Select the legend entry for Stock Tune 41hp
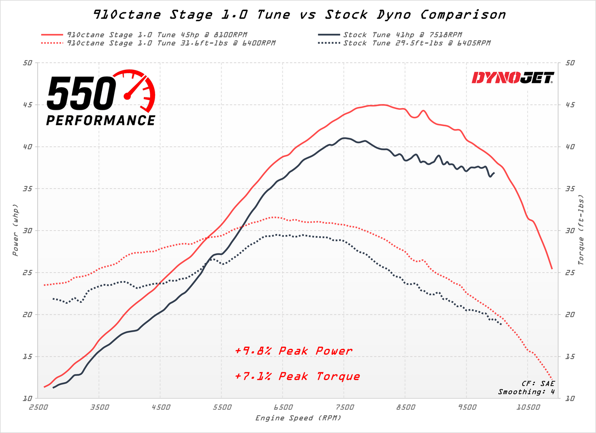403,35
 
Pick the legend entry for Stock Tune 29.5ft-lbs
417,43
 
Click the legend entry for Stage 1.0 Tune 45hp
157,35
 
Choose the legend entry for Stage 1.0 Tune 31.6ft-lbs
171,43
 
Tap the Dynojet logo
513,78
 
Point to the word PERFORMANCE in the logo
101,121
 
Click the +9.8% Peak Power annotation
294,351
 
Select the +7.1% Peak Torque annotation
297,376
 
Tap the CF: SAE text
538,384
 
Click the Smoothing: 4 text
526,392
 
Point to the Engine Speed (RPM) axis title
298,418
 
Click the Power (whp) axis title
15,230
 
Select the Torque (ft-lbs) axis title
581,230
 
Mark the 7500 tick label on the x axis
344,407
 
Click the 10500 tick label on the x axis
528,407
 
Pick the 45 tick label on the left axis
27,105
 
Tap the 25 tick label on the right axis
570,272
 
